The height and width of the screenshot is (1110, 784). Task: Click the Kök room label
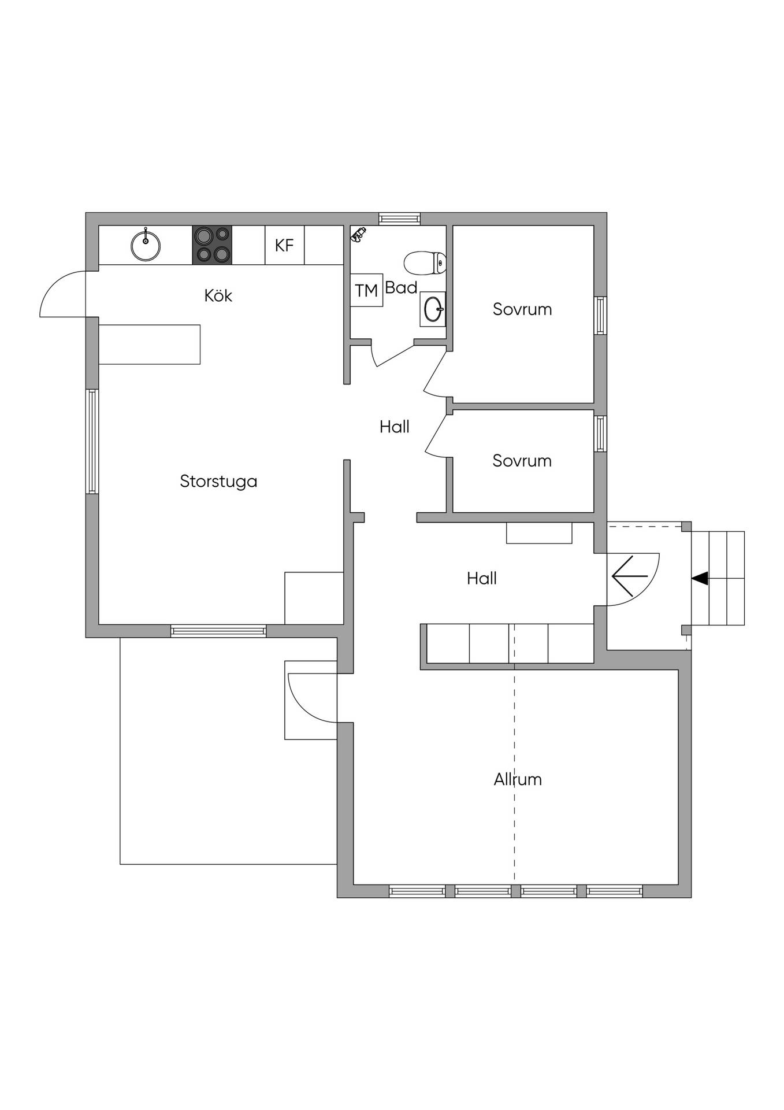218,295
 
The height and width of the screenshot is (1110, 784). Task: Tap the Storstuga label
218,482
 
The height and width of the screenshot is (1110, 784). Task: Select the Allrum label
518,779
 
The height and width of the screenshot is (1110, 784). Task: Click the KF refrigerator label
284,245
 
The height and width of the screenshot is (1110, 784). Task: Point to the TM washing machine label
366,290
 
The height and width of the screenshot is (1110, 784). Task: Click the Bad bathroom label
401,287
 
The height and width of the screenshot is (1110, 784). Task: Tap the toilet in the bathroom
425,263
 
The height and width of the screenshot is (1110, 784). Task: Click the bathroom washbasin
433,309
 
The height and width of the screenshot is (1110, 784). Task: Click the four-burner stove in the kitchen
212,245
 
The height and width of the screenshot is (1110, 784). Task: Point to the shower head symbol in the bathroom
358,234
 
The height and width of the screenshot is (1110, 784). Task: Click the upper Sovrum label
522,309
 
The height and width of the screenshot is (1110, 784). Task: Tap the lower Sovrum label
522,461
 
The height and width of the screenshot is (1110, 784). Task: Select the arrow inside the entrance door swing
630,576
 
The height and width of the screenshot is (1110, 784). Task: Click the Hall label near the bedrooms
395,427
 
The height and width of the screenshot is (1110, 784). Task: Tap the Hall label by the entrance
482,578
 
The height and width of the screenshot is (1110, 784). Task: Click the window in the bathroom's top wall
400,219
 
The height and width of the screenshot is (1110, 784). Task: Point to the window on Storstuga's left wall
92,442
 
